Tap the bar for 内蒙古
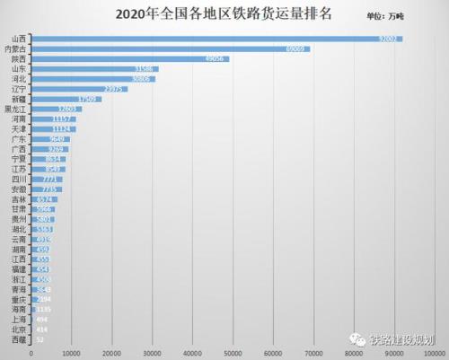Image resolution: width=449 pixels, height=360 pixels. [x=171, y=49]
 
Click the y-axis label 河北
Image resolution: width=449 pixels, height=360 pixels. [x=18, y=79]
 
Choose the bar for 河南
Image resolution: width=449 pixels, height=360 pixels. [x=54, y=119]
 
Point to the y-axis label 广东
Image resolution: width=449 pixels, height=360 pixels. [x=18, y=139]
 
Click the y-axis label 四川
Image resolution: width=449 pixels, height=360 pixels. [x=18, y=180]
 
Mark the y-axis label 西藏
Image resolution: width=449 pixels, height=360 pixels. [x=18, y=340]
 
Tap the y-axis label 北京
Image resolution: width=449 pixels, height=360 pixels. [x=18, y=330]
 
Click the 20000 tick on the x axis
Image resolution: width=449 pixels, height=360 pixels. [x=112, y=353]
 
